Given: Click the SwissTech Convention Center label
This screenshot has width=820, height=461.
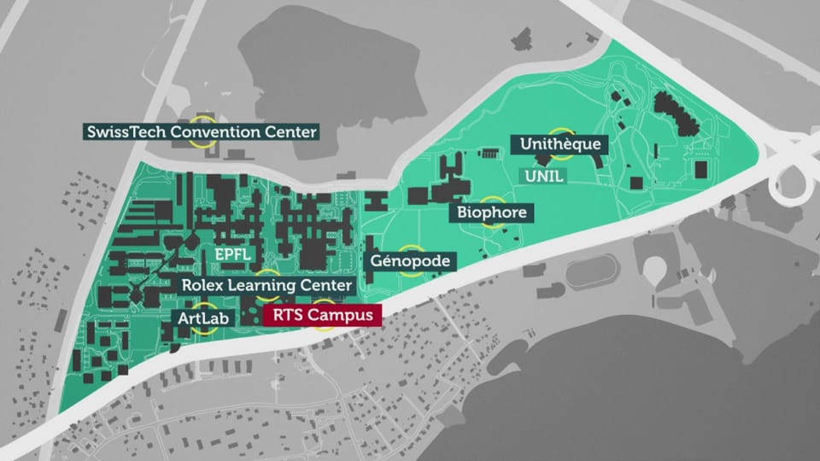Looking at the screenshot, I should tap(201, 132).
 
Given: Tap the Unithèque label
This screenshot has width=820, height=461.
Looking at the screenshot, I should tap(560, 144).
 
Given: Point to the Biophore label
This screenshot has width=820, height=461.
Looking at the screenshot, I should tap(492, 212).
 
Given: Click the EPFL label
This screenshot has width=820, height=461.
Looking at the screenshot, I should tap(232, 255).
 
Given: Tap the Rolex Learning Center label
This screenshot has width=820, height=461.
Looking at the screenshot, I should tap(266, 285).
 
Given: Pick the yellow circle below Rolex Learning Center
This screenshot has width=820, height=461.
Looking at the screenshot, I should tap(266, 296).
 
